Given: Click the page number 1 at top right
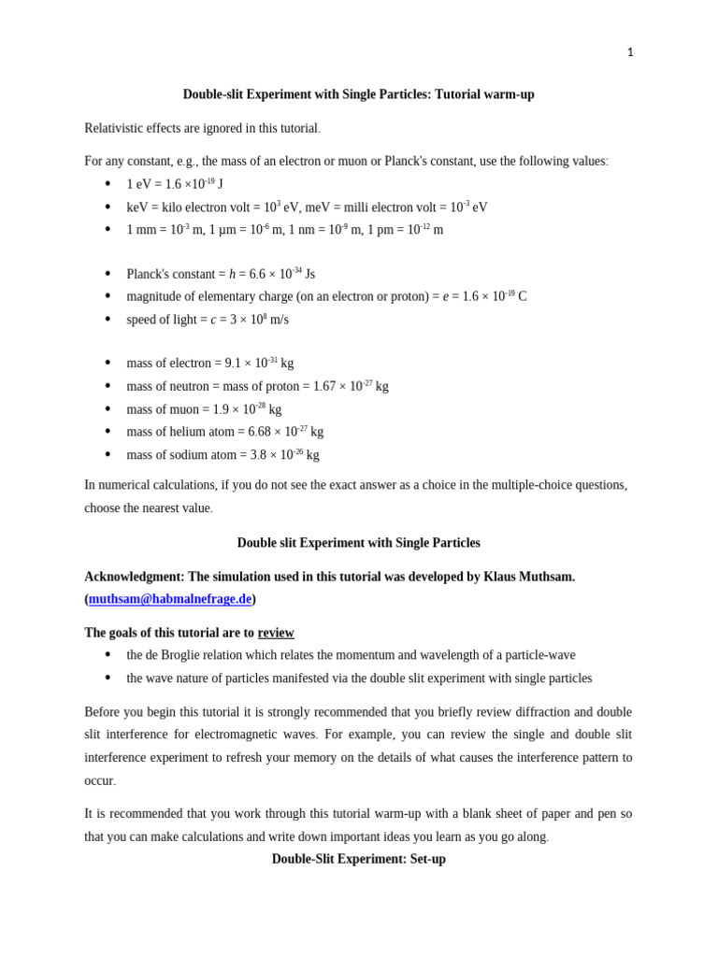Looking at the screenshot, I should pos(629,52).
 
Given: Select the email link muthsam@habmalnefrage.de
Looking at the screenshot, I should pos(170,599).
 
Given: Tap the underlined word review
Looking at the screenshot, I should pos(276,633).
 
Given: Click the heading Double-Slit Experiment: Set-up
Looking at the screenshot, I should pos(358,859).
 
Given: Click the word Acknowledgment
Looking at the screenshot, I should pos(134,577).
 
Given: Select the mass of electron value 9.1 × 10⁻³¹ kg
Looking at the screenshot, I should pos(259,363).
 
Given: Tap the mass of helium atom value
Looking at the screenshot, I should pos(285,432).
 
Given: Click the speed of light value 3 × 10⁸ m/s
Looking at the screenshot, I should pos(255,320).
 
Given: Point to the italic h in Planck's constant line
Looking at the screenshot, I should pos(233,275).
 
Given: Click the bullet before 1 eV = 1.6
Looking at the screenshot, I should pos(108,184).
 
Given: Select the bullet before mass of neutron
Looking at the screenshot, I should pos(108,386).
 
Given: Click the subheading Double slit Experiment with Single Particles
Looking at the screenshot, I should pos(358,543).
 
